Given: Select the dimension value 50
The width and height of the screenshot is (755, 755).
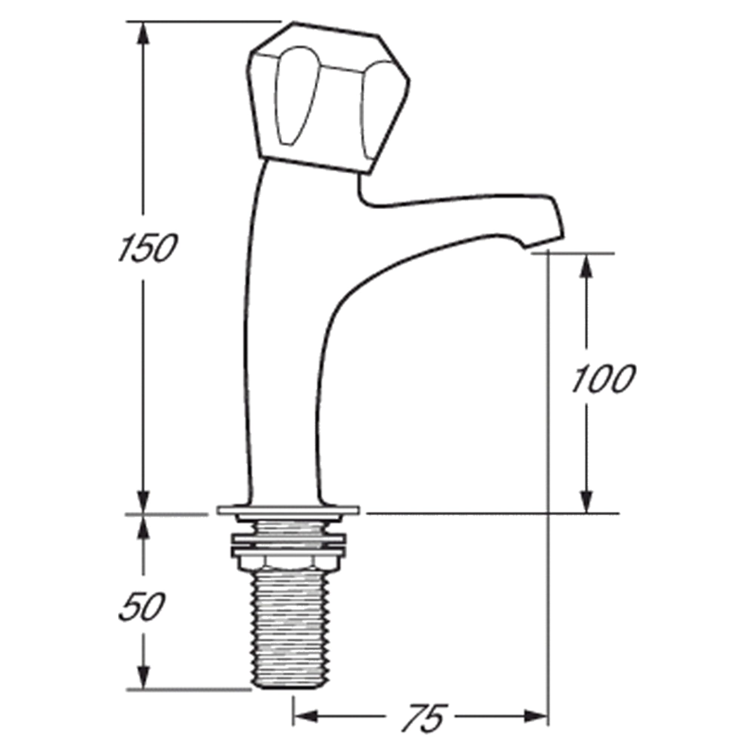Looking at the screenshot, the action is click(141, 607).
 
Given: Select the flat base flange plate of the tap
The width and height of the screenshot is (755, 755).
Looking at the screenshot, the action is click(288, 510).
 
